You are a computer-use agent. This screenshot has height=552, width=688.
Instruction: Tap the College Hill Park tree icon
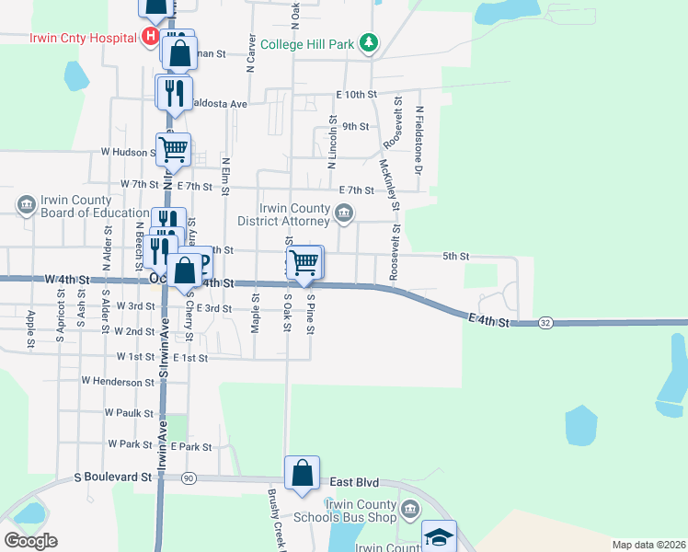pyautogui.click(x=369, y=42)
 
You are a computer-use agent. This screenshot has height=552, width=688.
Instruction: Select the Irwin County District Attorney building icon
pyautogui.click(x=343, y=214)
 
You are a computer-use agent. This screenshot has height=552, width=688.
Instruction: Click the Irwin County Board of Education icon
pyautogui.click(x=26, y=203)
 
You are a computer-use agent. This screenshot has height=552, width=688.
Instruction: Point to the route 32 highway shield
pyautogui.click(x=546, y=323)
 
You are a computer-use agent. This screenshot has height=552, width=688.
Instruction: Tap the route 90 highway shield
pyautogui.click(x=189, y=477)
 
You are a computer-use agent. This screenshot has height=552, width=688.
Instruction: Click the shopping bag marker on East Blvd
pyautogui.click(x=302, y=474)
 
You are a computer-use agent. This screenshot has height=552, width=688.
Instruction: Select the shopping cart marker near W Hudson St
pyautogui.click(x=173, y=148)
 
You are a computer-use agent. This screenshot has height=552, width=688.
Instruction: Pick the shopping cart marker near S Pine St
pyautogui.click(x=304, y=262)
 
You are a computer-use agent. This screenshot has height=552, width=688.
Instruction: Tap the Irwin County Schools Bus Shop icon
pyautogui.click(x=410, y=509)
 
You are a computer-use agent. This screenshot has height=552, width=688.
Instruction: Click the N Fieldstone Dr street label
pyautogui.click(x=419, y=141)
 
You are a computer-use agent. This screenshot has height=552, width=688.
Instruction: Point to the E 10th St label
pyautogui.click(x=357, y=95)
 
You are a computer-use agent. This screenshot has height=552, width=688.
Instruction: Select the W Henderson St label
pyautogui.click(x=118, y=381)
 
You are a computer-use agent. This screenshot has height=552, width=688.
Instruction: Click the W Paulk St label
pyautogui.click(x=129, y=413)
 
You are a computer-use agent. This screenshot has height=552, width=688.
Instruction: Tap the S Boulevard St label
pyautogui.click(x=113, y=477)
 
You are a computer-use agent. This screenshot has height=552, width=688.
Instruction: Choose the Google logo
pyautogui.click(x=30, y=541)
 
